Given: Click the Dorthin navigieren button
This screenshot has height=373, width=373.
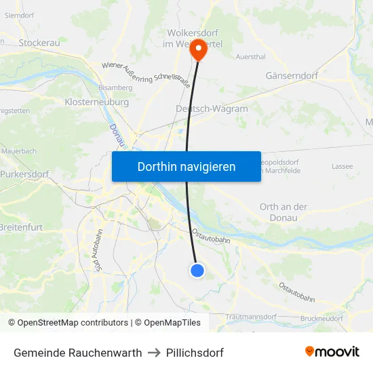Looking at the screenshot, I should point(186,166).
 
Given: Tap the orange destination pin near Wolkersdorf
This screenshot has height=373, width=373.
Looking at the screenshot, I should point(198,50).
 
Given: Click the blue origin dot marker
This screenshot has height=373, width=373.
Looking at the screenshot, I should point(197,271).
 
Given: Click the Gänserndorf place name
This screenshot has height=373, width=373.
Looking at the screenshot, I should point(292,76).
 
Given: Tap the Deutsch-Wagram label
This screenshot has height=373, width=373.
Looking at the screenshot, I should point(212,109).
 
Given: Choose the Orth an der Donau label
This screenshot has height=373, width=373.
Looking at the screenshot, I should point(283,212).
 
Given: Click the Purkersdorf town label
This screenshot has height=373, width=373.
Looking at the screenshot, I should point(24,174).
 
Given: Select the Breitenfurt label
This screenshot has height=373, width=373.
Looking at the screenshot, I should point(20,227).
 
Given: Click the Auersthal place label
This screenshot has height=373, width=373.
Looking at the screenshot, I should point(250,57).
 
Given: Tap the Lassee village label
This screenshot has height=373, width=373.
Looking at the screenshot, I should point(342,166).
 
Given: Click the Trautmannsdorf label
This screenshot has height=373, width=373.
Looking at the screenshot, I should point(251,317).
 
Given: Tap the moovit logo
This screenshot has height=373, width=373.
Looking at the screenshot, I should point(332,351).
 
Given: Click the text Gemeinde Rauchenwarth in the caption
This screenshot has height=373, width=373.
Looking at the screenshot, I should point(78,353).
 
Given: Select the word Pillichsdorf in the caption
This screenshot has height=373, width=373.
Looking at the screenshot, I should point(195,353).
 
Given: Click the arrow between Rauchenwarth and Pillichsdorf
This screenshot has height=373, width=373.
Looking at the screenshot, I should point(153,353).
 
